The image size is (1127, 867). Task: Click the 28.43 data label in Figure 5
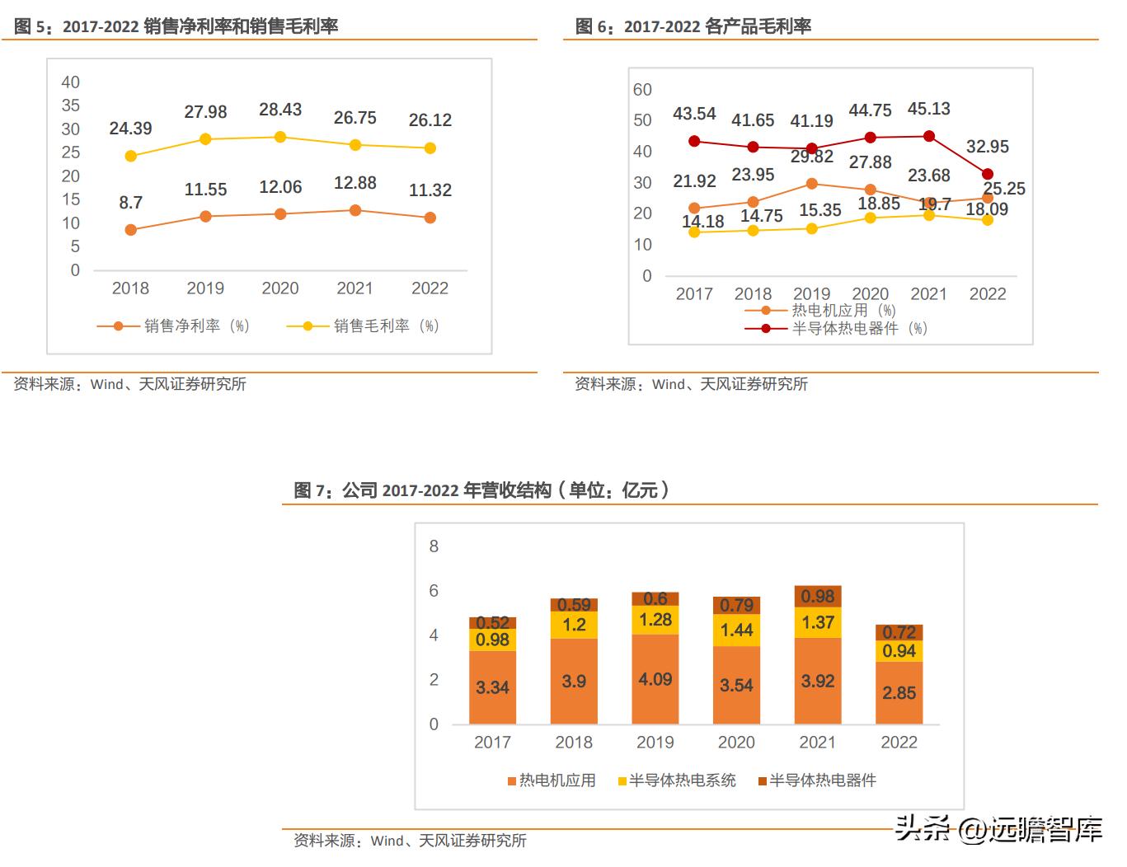click(280, 110)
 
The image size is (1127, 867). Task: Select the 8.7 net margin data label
click(130, 203)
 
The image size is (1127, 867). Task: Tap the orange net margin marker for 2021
click(355, 211)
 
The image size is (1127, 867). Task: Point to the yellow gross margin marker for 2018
click(130, 156)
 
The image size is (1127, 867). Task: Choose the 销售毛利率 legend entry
click(363, 326)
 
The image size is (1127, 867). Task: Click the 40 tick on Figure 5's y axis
click(71, 82)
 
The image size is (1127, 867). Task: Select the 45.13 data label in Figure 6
click(928, 109)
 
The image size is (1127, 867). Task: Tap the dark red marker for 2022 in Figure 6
click(988, 174)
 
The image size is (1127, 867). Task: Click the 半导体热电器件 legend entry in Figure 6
click(837, 328)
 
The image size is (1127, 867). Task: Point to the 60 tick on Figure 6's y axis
click(642, 90)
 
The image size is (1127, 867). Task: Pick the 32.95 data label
click(987, 147)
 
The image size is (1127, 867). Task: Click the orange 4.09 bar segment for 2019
click(655, 680)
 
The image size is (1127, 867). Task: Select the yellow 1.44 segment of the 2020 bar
click(736, 630)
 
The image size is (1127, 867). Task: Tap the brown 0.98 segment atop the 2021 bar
click(818, 597)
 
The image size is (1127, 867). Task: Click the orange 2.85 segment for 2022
click(899, 693)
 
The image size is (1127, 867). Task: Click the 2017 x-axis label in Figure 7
click(492, 743)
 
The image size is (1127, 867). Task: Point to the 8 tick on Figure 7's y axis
click(434, 546)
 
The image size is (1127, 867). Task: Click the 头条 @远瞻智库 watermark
click(998, 828)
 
